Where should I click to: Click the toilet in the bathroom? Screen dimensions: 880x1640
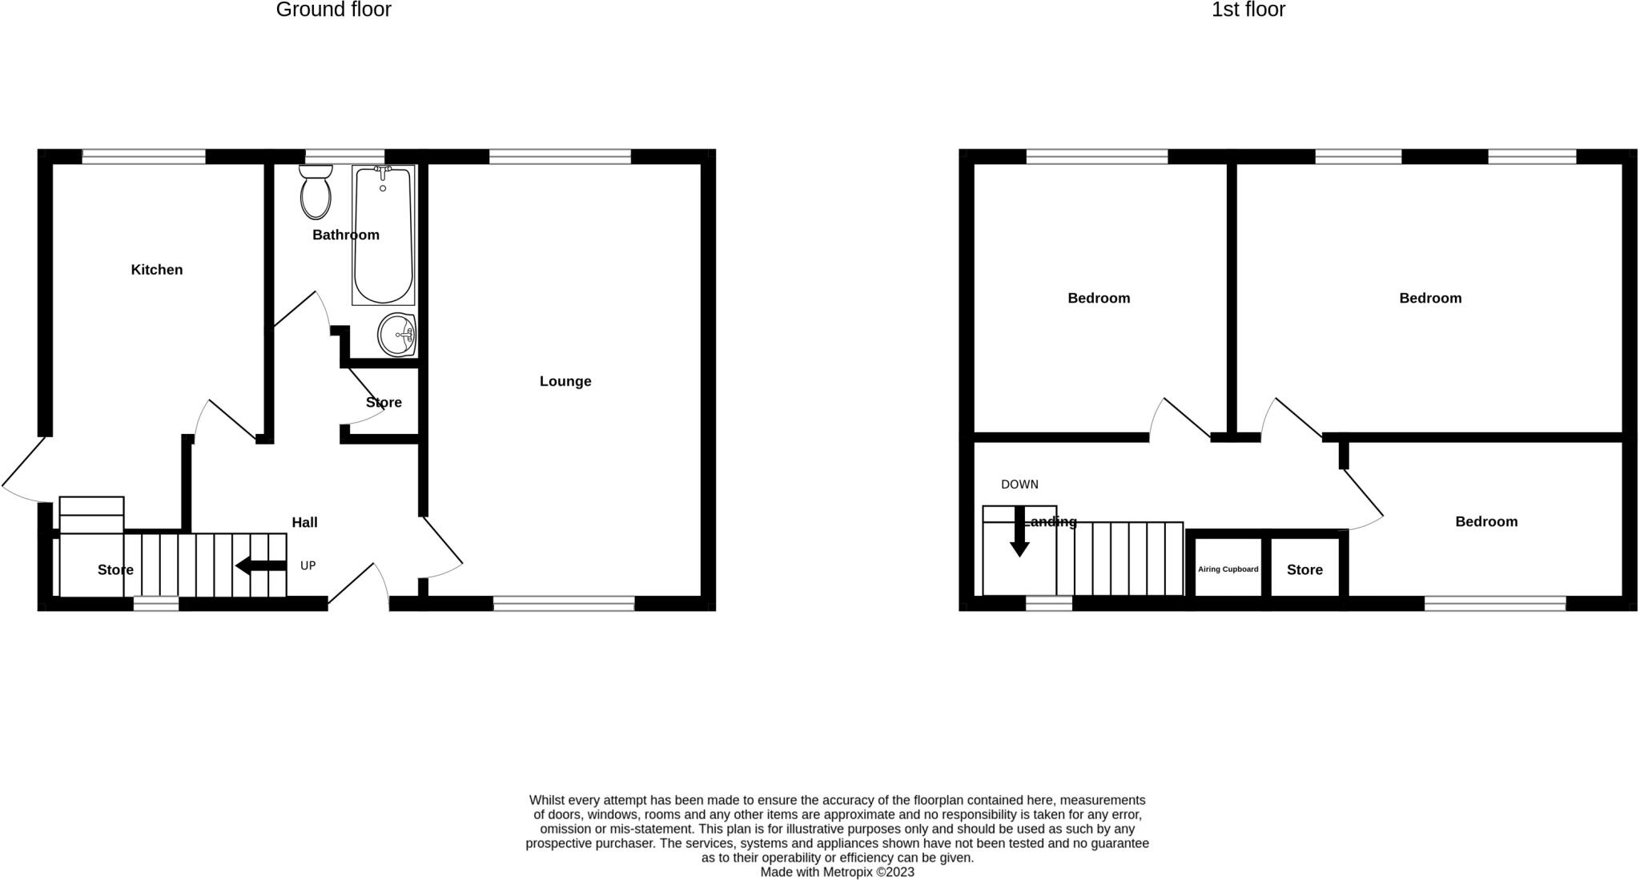[316, 193]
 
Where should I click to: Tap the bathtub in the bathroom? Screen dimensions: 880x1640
[383, 235]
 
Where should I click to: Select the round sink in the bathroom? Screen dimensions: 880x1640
[396, 335]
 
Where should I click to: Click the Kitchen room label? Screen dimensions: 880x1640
[157, 270]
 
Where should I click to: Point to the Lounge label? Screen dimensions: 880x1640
[565, 381]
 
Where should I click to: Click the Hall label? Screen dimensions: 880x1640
[304, 523]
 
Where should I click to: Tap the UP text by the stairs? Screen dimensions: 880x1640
[307, 566]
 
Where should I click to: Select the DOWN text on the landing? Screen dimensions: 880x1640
[1019, 484]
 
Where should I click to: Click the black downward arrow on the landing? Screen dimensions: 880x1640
[1019, 533]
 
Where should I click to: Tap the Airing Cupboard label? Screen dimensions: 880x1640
[1228, 569]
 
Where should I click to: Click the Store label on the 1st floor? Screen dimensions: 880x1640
[1304, 570]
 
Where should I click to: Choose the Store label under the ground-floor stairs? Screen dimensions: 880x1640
[115, 570]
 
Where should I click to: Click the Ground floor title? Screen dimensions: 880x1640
[333, 10]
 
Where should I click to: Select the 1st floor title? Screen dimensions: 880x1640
[1248, 10]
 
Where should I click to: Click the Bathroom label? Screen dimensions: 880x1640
[346, 235]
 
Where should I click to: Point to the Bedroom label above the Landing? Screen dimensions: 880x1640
[1099, 299]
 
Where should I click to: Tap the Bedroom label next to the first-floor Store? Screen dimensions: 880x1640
[1486, 522]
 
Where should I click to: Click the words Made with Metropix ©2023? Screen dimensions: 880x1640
[837, 873]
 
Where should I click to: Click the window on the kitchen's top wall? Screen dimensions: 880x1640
[144, 157]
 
